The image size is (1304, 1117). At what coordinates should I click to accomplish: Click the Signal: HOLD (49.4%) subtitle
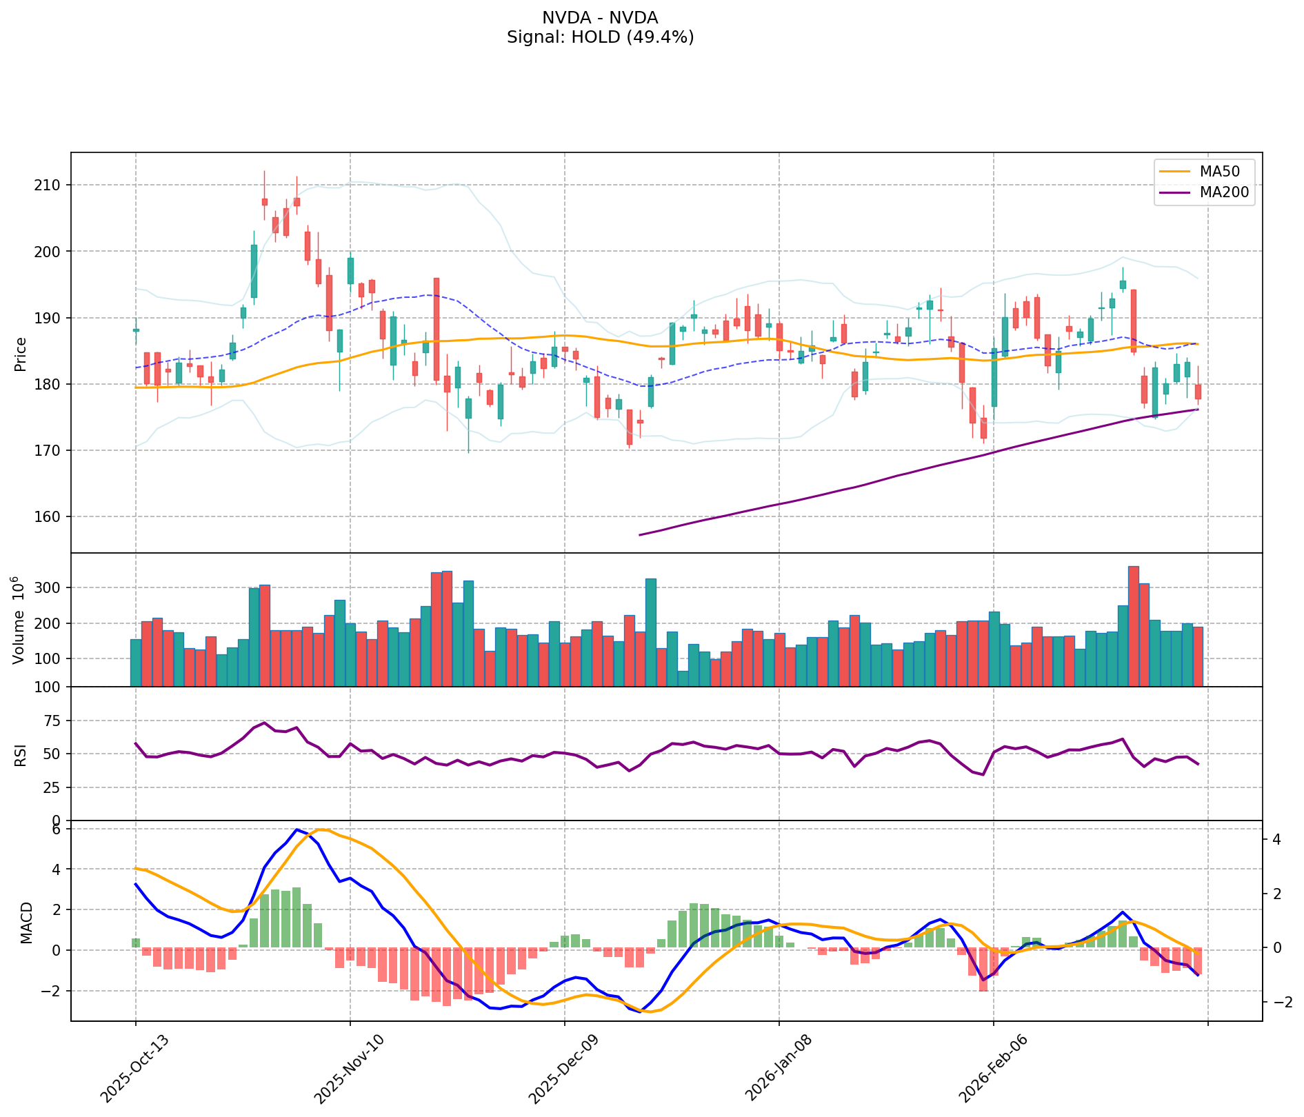click(x=600, y=37)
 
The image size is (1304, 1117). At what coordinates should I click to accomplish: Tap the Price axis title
click(x=21, y=354)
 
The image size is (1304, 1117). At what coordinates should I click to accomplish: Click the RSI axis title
click(x=21, y=754)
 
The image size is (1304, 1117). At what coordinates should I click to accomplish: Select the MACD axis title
click(x=26, y=923)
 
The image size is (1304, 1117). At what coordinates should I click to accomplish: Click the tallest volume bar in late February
click(x=1133, y=626)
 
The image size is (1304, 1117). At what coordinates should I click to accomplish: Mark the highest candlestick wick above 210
click(x=264, y=172)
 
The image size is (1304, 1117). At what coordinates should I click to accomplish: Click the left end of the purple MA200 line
click(x=640, y=534)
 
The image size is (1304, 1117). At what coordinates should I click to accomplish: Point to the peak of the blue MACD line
click(x=297, y=829)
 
